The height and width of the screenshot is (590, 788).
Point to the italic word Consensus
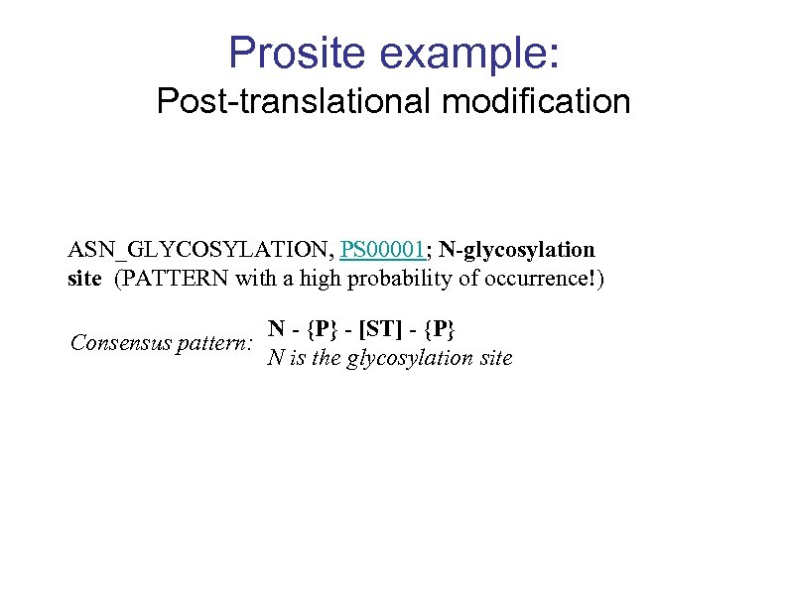(118, 343)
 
